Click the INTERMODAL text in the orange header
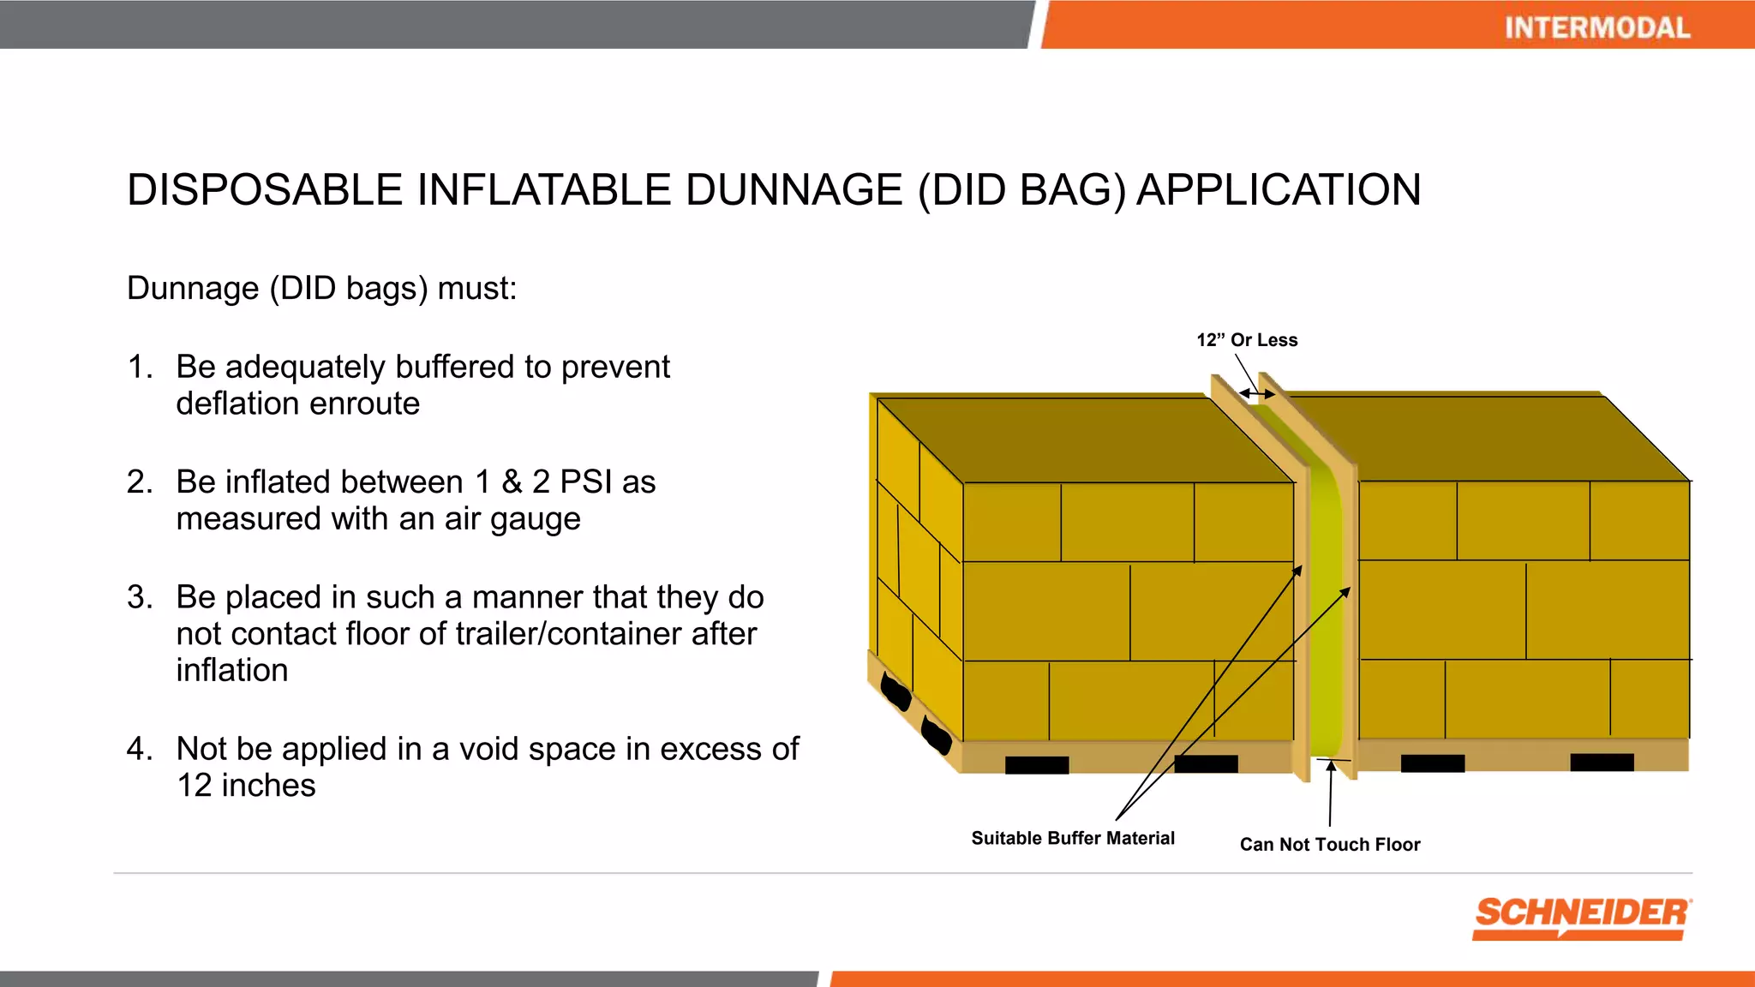tap(1596, 27)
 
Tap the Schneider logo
tap(1582, 917)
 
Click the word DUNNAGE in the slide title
tap(794, 189)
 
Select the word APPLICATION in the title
tap(1279, 189)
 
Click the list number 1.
tap(140, 367)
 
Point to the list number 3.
tap(140, 597)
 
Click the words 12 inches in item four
tap(246, 786)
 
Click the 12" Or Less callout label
tap(1247, 340)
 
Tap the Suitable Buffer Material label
tap(1072, 838)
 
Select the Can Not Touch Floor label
tap(1329, 844)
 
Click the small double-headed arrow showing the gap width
tap(1257, 394)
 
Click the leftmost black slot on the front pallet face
tap(1036, 764)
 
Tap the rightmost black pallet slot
tap(1601, 762)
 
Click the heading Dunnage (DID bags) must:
tap(321, 289)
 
